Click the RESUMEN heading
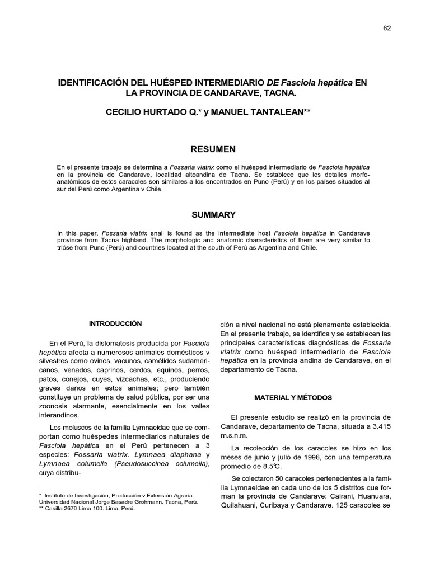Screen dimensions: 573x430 (x=214, y=149)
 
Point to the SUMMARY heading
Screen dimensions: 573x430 (x=214, y=215)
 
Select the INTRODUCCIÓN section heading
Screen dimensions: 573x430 (x=116, y=324)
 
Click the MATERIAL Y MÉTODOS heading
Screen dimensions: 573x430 (x=293, y=398)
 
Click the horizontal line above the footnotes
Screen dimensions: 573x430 (x=123, y=485)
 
